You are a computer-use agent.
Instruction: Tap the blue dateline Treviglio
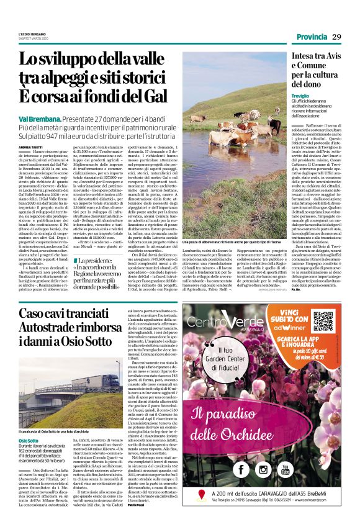[x=302, y=96]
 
